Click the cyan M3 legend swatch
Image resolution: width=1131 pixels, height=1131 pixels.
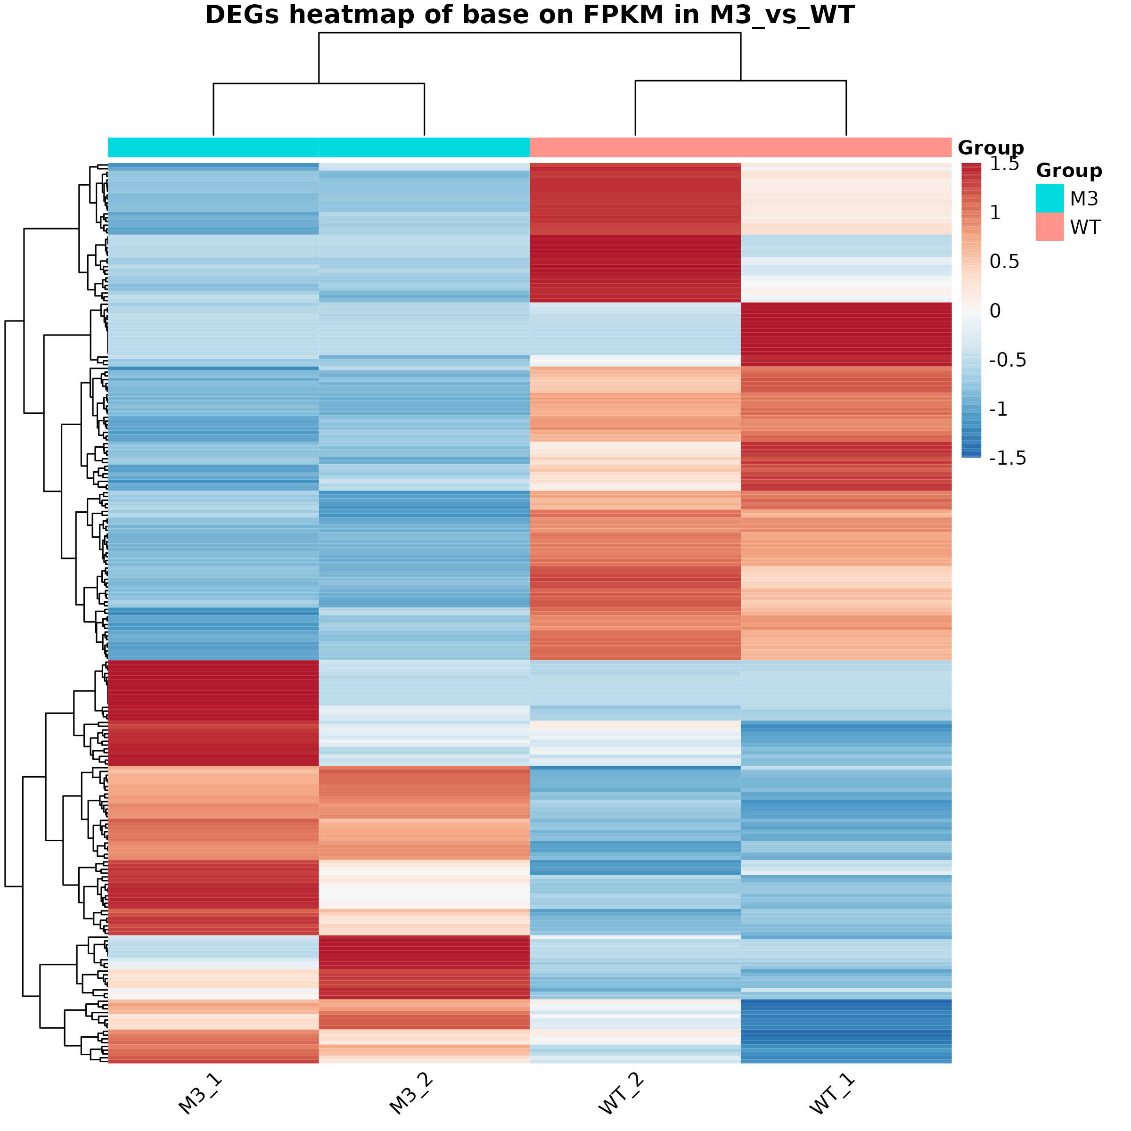click(1049, 198)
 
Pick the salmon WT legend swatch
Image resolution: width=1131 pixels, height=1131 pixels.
click(1049, 227)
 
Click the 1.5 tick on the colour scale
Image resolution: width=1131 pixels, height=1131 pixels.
click(1005, 164)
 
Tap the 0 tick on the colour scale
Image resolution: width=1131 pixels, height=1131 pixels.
click(995, 311)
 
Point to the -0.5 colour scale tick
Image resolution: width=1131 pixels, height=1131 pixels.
click(1008, 360)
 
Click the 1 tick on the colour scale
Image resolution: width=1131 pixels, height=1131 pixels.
click(995, 213)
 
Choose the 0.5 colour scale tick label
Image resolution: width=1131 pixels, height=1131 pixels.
click(1005, 262)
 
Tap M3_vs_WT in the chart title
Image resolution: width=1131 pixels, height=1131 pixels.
click(782, 15)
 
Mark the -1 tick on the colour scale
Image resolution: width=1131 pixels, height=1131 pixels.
click(999, 409)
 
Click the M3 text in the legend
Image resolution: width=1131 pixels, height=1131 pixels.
click(1084, 199)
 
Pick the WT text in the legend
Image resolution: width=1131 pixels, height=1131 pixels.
click(1085, 227)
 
